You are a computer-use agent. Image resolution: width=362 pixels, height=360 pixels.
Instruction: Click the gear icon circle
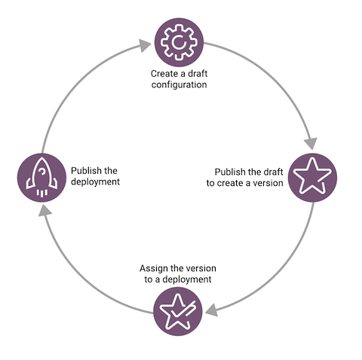click(179, 42)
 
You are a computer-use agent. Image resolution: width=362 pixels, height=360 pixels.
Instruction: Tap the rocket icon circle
click(41, 178)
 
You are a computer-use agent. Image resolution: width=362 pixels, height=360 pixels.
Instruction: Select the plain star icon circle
click(312, 178)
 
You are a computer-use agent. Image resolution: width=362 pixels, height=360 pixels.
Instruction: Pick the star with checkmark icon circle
click(178, 311)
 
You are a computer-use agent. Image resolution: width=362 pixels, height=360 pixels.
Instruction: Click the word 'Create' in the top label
click(164, 74)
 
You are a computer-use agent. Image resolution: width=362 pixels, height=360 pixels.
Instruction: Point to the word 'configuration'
click(179, 85)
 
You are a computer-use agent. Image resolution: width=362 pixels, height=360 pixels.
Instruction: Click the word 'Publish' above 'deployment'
click(85, 171)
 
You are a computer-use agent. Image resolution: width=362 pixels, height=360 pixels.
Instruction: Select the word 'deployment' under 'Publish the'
click(95, 182)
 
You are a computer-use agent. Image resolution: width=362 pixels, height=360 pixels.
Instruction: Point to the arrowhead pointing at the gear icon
click(145, 45)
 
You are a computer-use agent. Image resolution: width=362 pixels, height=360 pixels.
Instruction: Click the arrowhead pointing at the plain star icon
click(311, 144)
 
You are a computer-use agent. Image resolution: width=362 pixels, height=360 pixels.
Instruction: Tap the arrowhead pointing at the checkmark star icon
click(212, 310)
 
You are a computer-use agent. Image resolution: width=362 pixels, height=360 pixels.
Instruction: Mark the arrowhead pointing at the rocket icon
click(44, 210)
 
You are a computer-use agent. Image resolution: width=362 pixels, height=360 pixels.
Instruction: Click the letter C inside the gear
click(179, 42)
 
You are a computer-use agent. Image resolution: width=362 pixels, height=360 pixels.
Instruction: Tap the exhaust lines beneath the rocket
click(42, 193)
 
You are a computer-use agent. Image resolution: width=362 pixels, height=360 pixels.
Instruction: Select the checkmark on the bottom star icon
click(183, 310)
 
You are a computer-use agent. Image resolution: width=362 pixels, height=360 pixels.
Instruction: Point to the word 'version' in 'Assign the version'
click(202, 269)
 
